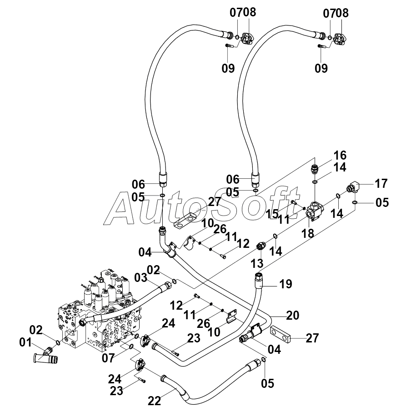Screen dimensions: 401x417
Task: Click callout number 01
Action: pyautogui.click(x=25, y=342)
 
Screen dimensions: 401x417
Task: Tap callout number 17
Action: pyautogui.click(x=381, y=184)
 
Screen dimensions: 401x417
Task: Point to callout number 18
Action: pyautogui.click(x=308, y=233)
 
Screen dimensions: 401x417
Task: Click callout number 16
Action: pyautogui.click(x=340, y=156)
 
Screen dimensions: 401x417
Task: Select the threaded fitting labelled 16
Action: pyautogui.click(x=315, y=169)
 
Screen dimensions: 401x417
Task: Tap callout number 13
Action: pyautogui.click(x=257, y=263)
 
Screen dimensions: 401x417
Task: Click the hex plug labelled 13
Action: pyautogui.click(x=261, y=246)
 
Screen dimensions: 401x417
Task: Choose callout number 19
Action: pyautogui.click(x=286, y=284)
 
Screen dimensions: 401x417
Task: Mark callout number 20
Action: pyautogui.click(x=293, y=315)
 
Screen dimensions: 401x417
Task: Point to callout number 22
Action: pyautogui.click(x=155, y=401)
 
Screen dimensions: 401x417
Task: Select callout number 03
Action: pyautogui.click(x=140, y=278)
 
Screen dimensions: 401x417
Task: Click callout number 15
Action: pyautogui.click(x=272, y=214)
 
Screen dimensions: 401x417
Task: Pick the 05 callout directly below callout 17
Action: pyautogui.click(x=382, y=203)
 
